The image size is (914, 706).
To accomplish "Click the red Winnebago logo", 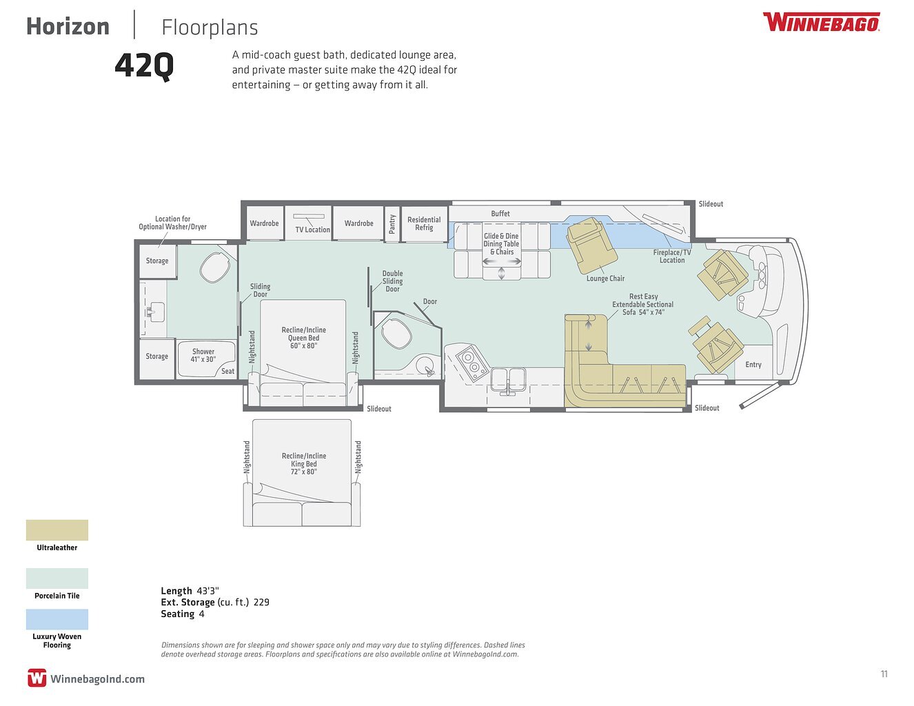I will coord(821,22).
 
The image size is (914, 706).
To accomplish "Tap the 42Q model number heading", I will coord(144,66).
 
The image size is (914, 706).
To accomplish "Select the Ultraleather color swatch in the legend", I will coord(57,530).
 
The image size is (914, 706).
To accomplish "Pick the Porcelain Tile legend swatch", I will coord(57,578).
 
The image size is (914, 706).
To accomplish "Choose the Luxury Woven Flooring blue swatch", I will coord(57,619).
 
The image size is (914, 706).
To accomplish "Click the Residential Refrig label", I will coord(424,223).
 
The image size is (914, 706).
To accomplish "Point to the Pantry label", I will coord(392,223).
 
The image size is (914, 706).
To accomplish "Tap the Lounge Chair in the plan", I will coord(591,244).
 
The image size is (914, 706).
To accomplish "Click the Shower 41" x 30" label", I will coord(203,355).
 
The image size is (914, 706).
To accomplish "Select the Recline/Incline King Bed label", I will coord(304,464).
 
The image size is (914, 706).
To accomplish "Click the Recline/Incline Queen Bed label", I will coord(304,338).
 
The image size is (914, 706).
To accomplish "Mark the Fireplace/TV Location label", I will coord(672,256).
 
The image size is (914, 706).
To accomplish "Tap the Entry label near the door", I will coord(753,365).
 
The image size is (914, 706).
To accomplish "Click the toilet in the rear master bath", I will coord(214,268).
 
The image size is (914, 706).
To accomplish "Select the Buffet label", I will coord(500,214).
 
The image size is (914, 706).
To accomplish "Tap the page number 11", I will coord(884,674).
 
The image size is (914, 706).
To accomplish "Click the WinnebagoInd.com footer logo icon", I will coord(37,678).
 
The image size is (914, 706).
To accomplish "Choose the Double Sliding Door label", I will coord(392,281).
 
